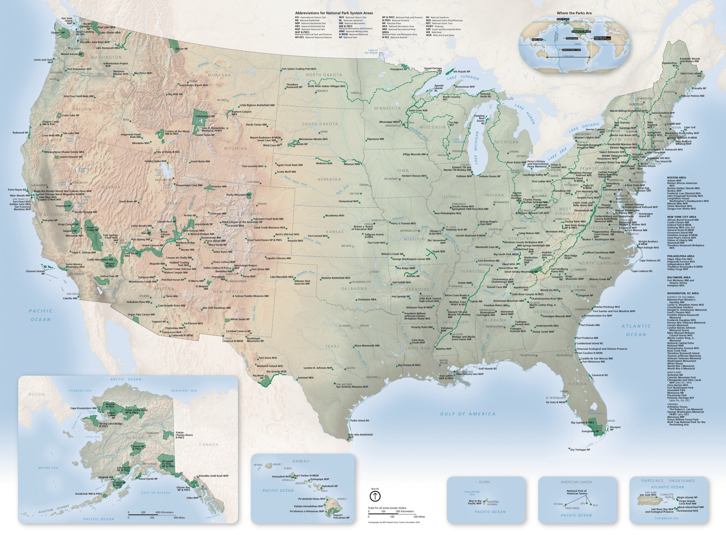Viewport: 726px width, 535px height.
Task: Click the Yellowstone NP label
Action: tap(205, 116)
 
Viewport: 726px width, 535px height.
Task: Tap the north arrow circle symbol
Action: tap(375, 496)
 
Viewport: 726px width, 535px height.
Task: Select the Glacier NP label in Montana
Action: tap(181, 49)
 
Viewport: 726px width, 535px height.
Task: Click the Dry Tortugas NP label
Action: tap(580, 450)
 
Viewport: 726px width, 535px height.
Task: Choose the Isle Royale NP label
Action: tap(462, 72)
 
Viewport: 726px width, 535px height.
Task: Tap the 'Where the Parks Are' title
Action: tap(574, 13)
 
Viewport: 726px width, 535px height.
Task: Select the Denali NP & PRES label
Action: tap(138, 448)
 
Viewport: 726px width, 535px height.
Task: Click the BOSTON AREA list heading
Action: tap(676, 178)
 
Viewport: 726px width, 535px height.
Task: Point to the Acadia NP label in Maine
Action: tap(700, 89)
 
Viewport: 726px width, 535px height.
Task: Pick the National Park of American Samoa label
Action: tap(577, 492)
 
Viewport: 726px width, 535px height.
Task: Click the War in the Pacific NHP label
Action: tap(475, 502)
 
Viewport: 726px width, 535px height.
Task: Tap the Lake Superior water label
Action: tap(463, 78)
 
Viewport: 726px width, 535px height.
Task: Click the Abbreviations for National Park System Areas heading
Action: tap(334, 13)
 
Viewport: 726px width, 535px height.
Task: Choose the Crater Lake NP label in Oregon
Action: tap(70, 116)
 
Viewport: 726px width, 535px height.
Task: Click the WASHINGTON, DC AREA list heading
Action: tap(683, 293)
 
